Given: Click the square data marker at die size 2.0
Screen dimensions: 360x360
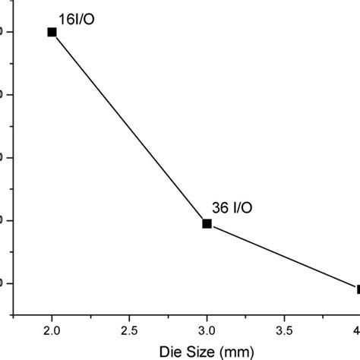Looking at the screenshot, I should click(52, 32).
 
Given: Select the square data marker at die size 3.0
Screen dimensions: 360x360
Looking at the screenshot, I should click(207, 223).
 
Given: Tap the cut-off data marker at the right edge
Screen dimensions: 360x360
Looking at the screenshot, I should click(358, 289).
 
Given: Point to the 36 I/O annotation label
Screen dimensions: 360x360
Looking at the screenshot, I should click(232, 207).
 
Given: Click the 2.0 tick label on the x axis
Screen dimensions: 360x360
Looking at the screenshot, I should click(52, 331).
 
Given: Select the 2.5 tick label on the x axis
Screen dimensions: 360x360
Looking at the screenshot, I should click(129, 331).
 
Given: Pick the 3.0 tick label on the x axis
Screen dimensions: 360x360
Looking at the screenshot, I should click(207, 331).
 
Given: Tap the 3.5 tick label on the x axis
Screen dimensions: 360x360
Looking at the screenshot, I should click(284, 331).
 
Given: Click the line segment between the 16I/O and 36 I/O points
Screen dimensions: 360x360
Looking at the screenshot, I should click(129, 128).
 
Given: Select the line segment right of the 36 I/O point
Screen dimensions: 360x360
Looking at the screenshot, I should click(281, 256).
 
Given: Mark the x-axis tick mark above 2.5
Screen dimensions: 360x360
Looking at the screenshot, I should click(129, 312).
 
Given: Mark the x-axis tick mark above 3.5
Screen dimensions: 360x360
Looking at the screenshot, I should click(284, 312).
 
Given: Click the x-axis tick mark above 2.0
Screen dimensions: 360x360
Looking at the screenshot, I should click(52, 311).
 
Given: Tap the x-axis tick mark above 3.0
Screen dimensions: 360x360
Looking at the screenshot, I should click(207, 311).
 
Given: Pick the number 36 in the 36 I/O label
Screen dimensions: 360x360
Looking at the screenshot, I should click(220, 207).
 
